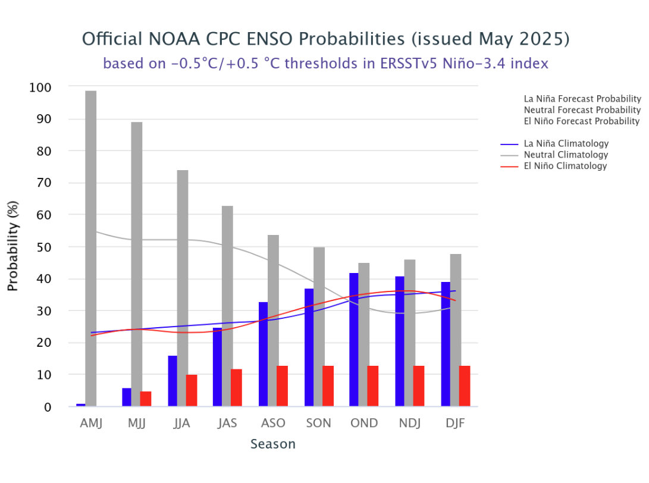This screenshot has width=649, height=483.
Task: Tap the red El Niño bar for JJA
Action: coord(192,391)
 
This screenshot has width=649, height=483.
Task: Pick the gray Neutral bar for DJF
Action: coord(456,330)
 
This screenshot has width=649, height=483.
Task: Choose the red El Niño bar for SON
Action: coord(328,386)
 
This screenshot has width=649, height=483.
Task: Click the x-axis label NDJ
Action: coord(410,424)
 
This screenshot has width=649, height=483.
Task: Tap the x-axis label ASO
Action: coord(273,424)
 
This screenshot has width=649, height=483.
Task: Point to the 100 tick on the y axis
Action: coord(40,87)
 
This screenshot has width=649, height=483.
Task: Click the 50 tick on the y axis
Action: coord(43,247)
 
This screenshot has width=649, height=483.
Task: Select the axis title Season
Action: coord(273,444)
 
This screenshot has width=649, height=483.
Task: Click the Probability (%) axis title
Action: coord(14,247)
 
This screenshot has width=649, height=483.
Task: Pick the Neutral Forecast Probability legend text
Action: coord(582,110)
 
